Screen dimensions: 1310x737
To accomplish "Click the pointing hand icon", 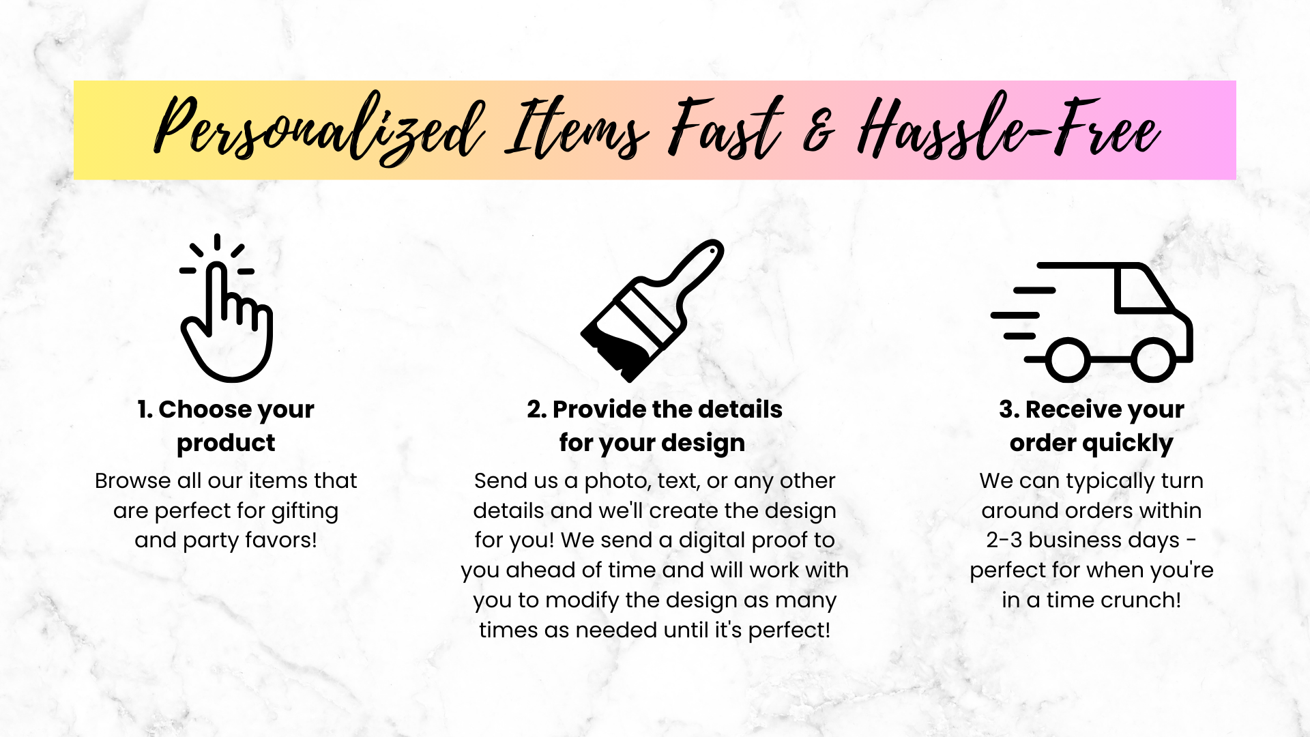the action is coord(227,321).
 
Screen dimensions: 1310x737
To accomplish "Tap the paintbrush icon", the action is coord(652,310).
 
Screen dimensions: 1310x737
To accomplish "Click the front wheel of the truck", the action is coord(1153,360).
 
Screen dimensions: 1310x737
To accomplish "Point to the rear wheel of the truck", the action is coord(1067,360).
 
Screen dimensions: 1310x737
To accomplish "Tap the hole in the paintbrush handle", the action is coord(712,251).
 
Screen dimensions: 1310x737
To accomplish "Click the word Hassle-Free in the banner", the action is coord(1008,127).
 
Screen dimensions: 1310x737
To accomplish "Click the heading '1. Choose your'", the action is coord(226,409).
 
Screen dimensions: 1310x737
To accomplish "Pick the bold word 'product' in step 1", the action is coord(226,444).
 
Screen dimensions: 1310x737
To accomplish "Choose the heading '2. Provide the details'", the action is coord(654,409).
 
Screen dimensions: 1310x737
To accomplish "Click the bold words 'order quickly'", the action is coord(1092,444).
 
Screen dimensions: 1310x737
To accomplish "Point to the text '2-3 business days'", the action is coord(1083,540).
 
